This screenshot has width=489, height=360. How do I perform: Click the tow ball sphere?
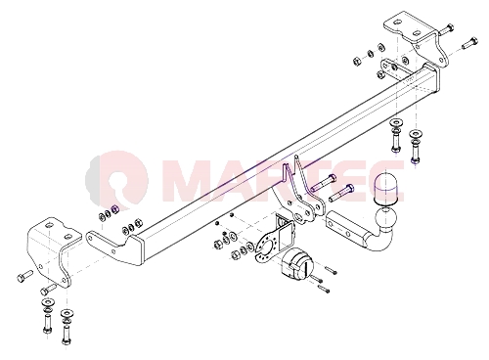tap(386, 219)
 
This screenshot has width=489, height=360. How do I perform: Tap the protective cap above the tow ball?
tap(386, 189)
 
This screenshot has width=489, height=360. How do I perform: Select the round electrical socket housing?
tap(294, 264)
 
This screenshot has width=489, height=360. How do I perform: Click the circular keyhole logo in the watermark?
tap(118, 178)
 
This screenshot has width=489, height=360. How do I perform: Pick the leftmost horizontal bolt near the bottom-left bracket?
tap(24, 276)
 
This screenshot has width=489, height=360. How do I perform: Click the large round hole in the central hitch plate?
tap(298, 217)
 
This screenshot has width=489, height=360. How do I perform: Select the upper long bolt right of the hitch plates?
tap(323, 183)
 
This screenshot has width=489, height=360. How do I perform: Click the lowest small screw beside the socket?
tap(324, 289)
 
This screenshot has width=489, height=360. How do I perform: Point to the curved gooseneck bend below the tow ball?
tap(378, 241)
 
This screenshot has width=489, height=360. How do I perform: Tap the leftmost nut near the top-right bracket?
tap(357, 61)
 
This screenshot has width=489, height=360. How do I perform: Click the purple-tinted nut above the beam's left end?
tap(114, 209)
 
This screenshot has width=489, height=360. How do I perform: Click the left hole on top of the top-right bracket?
tap(396, 22)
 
